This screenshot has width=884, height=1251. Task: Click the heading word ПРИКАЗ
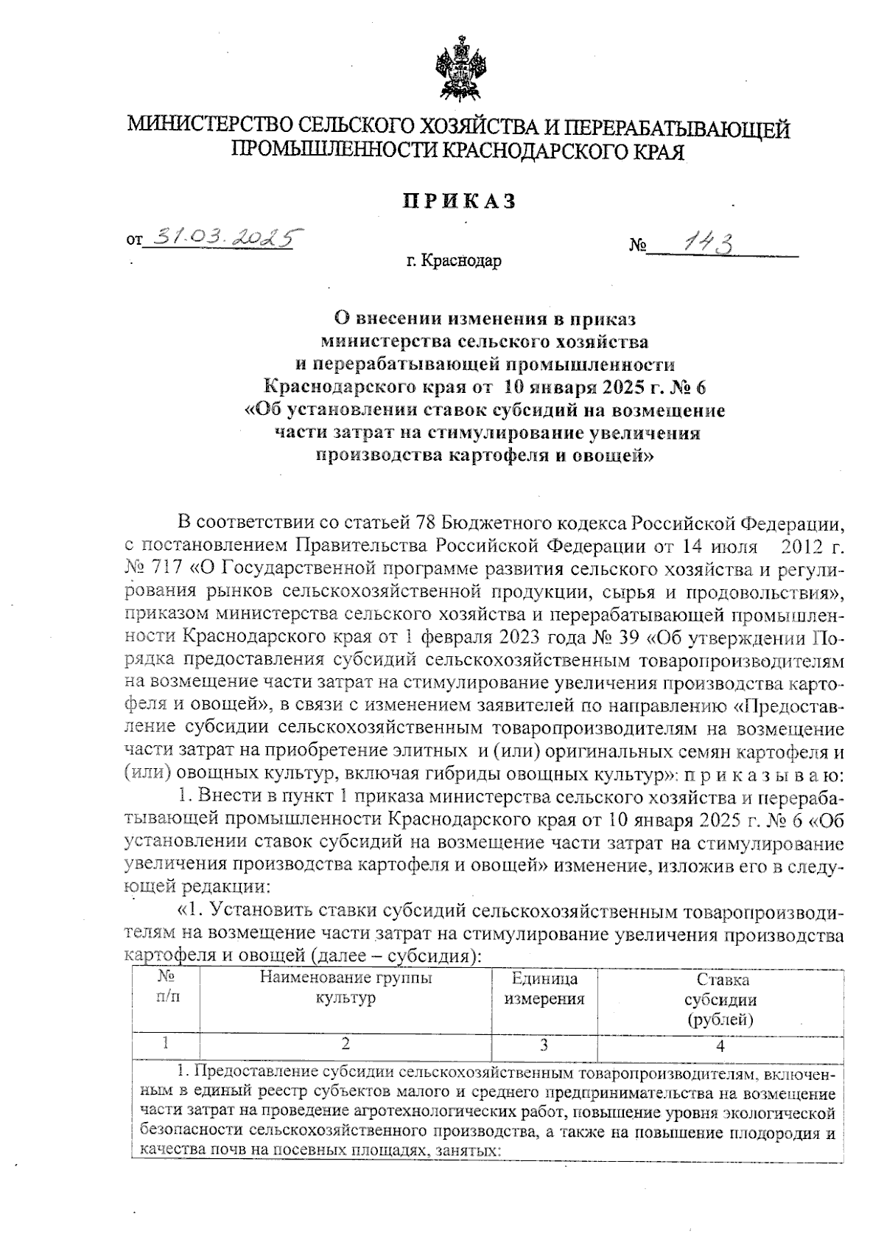point(459,201)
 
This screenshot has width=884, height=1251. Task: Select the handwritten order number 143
point(709,243)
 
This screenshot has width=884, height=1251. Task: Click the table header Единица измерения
point(544,989)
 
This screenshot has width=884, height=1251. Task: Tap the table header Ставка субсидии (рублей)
point(720,1000)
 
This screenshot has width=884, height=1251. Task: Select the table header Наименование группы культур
point(345,989)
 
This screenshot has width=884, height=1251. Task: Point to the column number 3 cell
point(544,1045)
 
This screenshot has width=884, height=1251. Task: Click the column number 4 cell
point(720,1045)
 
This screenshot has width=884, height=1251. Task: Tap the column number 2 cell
point(345,1044)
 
